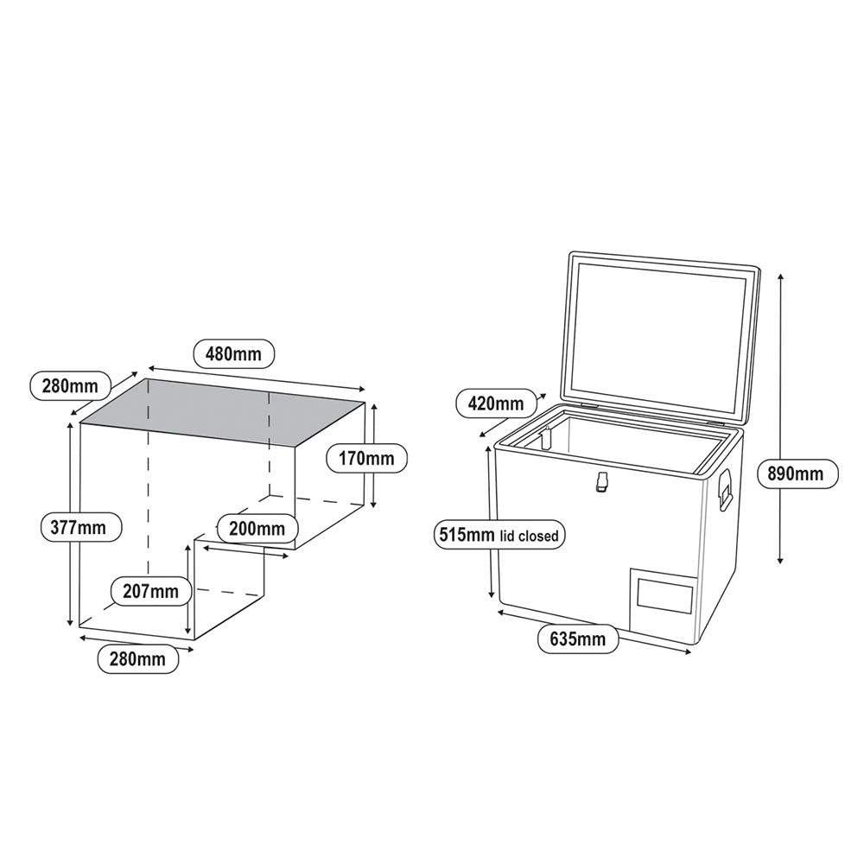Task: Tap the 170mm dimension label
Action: click(366, 458)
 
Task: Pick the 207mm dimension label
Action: click(150, 592)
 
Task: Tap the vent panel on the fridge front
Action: click(664, 598)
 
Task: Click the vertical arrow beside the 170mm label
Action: click(373, 454)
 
